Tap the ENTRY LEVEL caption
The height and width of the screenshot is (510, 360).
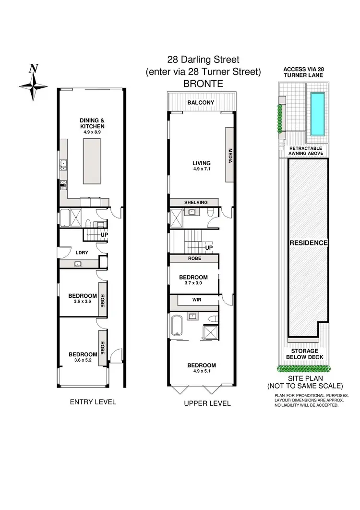coord(93,401)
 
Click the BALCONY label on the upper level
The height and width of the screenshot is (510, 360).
coord(201,103)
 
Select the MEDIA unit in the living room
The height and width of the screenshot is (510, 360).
coord(229,155)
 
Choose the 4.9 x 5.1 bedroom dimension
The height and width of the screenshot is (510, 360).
coord(201,371)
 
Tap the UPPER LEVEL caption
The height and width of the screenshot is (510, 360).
coord(207,403)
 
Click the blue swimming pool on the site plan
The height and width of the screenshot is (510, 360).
coord(316,114)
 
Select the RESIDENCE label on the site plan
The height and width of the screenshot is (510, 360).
coord(308,243)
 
